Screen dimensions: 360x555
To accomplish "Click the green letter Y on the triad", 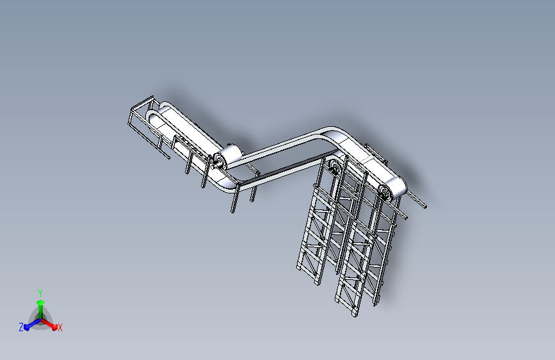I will point(40,291).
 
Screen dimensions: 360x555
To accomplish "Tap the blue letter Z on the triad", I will point(21,327).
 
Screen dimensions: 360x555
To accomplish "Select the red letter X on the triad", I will point(60,328).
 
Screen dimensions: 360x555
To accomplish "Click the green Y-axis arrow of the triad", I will point(40,304).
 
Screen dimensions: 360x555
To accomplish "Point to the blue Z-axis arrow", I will point(29,325).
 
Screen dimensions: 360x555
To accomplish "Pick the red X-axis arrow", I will point(51,325).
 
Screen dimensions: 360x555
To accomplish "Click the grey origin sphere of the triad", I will point(40,320).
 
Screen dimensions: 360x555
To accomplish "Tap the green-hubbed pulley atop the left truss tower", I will point(334,168).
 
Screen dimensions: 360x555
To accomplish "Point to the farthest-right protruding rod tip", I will point(424,205).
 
